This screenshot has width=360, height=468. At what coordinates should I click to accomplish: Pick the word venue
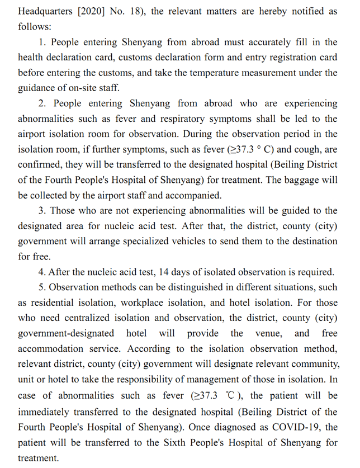click(x=267, y=333)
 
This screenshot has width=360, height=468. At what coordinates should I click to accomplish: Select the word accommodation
click(x=51, y=348)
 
